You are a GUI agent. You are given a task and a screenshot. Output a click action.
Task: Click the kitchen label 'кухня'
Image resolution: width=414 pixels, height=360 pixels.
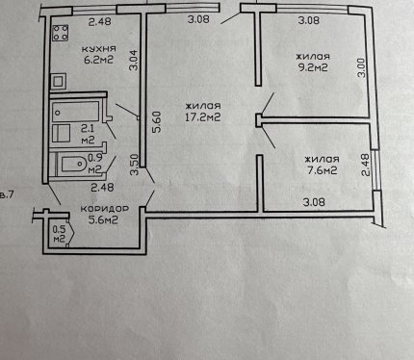pyautogui.click(x=99, y=49)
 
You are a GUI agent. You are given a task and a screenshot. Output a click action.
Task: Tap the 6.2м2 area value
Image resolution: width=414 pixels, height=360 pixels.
pyautogui.click(x=99, y=60)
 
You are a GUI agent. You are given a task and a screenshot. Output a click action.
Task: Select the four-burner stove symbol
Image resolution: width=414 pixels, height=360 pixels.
pyautogui.click(x=61, y=33)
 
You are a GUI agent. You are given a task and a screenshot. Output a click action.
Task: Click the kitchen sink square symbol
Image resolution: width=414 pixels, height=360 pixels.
pyautogui.click(x=58, y=81)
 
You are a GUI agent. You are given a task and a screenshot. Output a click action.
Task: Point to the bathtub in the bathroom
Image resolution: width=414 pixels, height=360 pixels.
pyautogui.click(x=76, y=112)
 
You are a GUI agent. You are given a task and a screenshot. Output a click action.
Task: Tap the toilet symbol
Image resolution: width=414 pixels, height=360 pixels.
pyautogui.click(x=73, y=165)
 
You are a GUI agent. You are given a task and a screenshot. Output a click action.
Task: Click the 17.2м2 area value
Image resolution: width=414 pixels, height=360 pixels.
pyautogui.click(x=203, y=112)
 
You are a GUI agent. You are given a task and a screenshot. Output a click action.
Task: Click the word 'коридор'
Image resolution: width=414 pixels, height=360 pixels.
pyautogui.click(x=105, y=209)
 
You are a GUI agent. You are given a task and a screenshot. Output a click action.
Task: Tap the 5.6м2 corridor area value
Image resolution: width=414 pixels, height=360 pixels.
pyautogui.click(x=103, y=219)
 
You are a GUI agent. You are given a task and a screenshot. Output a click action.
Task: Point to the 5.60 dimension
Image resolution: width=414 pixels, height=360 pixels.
pyautogui.click(x=158, y=122)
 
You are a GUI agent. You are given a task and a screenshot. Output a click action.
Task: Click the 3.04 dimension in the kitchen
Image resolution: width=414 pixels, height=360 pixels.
pyautogui.click(x=134, y=60)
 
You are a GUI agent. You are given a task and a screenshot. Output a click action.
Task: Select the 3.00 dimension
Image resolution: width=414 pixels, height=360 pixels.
pyautogui.click(x=361, y=67)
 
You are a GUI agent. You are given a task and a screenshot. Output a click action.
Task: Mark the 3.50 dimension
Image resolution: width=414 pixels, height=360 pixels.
pyautogui.click(x=135, y=165)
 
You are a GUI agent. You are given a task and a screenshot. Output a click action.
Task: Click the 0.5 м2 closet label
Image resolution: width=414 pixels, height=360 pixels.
pyautogui.click(x=59, y=234)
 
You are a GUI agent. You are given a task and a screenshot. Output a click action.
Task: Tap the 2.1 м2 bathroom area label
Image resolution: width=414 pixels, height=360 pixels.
pyautogui.click(x=88, y=134)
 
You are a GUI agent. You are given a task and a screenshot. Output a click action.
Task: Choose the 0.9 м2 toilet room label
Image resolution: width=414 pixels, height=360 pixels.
pyautogui.click(x=94, y=164)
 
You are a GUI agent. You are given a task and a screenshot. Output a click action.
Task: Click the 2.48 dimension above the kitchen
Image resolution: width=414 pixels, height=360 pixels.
pyautogui.click(x=100, y=21)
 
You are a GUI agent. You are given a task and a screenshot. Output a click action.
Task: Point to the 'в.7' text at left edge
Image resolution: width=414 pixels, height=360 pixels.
pyautogui.click(x=7, y=194)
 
